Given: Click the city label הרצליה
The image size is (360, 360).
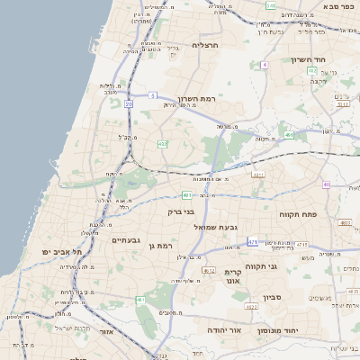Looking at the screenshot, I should [206, 44].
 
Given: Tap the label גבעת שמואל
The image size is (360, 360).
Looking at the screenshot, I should [215, 227].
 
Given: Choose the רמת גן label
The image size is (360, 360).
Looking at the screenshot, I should [163, 245].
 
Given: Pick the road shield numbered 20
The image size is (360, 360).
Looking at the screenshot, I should [129, 104].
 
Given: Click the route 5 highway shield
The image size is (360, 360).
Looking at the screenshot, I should [154, 94].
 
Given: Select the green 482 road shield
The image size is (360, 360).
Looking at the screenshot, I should [162, 143].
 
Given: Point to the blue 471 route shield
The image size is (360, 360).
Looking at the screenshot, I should [253, 241].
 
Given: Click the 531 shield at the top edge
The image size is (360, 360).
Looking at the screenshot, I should [271, 4].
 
